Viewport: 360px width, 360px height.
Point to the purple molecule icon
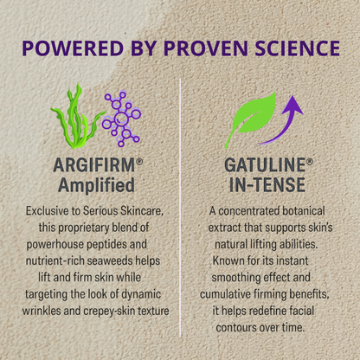[x=121, y=119]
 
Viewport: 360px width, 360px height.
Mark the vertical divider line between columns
[x=180, y=216]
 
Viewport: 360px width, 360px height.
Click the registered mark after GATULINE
[x=310, y=161]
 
